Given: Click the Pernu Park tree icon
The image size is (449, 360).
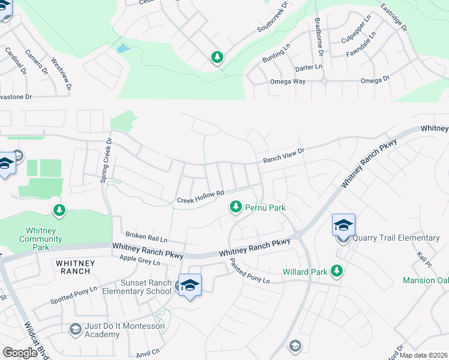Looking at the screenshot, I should (x=236, y=207).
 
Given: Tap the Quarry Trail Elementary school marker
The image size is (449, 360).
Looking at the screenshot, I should (x=343, y=226).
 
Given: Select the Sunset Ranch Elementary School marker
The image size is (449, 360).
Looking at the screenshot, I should (x=190, y=284).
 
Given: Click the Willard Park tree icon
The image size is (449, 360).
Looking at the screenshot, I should (x=337, y=271).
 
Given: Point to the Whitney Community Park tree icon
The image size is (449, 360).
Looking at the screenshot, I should (x=59, y=210).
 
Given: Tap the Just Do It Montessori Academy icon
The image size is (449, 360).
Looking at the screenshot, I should (x=75, y=328).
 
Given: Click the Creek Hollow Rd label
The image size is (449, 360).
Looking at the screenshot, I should (x=200, y=196).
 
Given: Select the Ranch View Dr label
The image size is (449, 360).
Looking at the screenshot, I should (x=284, y=156).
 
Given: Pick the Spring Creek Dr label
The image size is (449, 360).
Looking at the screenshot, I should (x=109, y=156).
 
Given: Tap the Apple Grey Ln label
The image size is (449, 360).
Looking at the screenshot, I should (x=140, y=261).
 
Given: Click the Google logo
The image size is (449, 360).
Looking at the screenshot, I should (x=20, y=353).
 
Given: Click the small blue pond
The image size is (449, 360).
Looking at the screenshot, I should (x=123, y=48).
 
